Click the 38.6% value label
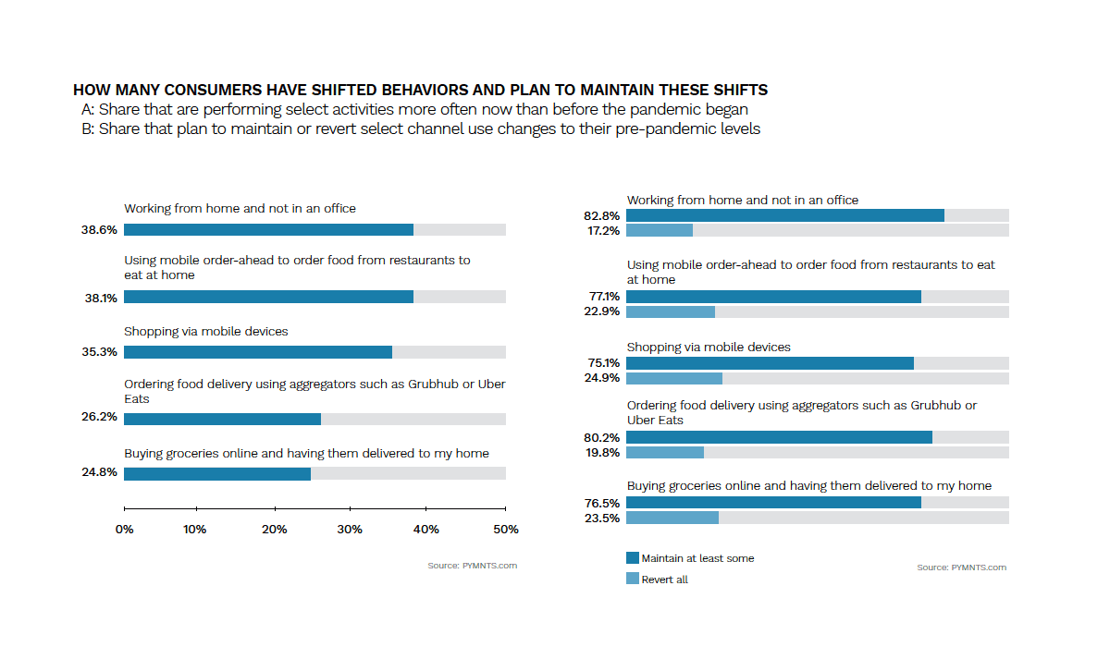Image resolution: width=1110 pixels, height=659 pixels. point(99,230)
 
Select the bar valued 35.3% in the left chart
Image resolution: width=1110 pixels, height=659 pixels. point(258,352)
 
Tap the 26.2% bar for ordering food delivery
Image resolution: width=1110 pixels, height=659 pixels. point(223,419)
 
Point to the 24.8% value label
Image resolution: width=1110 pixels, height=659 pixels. point(99,474)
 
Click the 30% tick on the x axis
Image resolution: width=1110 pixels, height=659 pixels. point(350,530)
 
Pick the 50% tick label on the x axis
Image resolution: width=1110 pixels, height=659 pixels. point(505,530)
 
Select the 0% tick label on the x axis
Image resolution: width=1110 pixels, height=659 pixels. point(124,530)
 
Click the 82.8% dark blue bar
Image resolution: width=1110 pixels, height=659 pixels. point(785,215)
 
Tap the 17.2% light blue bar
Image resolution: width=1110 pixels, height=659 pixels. point(660,230)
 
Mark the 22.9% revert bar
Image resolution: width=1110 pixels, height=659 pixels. point(671,312)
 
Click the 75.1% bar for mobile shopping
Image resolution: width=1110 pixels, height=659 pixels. point(771,363)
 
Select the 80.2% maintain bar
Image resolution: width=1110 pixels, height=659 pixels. point(780,437)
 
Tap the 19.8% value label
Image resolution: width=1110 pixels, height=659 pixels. point(603,453)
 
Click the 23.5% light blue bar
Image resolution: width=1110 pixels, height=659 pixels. point(672,519)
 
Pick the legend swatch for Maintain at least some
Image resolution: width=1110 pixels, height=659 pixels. point(633,558)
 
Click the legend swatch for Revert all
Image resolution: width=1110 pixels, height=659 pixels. point(633,579)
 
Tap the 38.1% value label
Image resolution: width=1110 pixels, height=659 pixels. point(99,298)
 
